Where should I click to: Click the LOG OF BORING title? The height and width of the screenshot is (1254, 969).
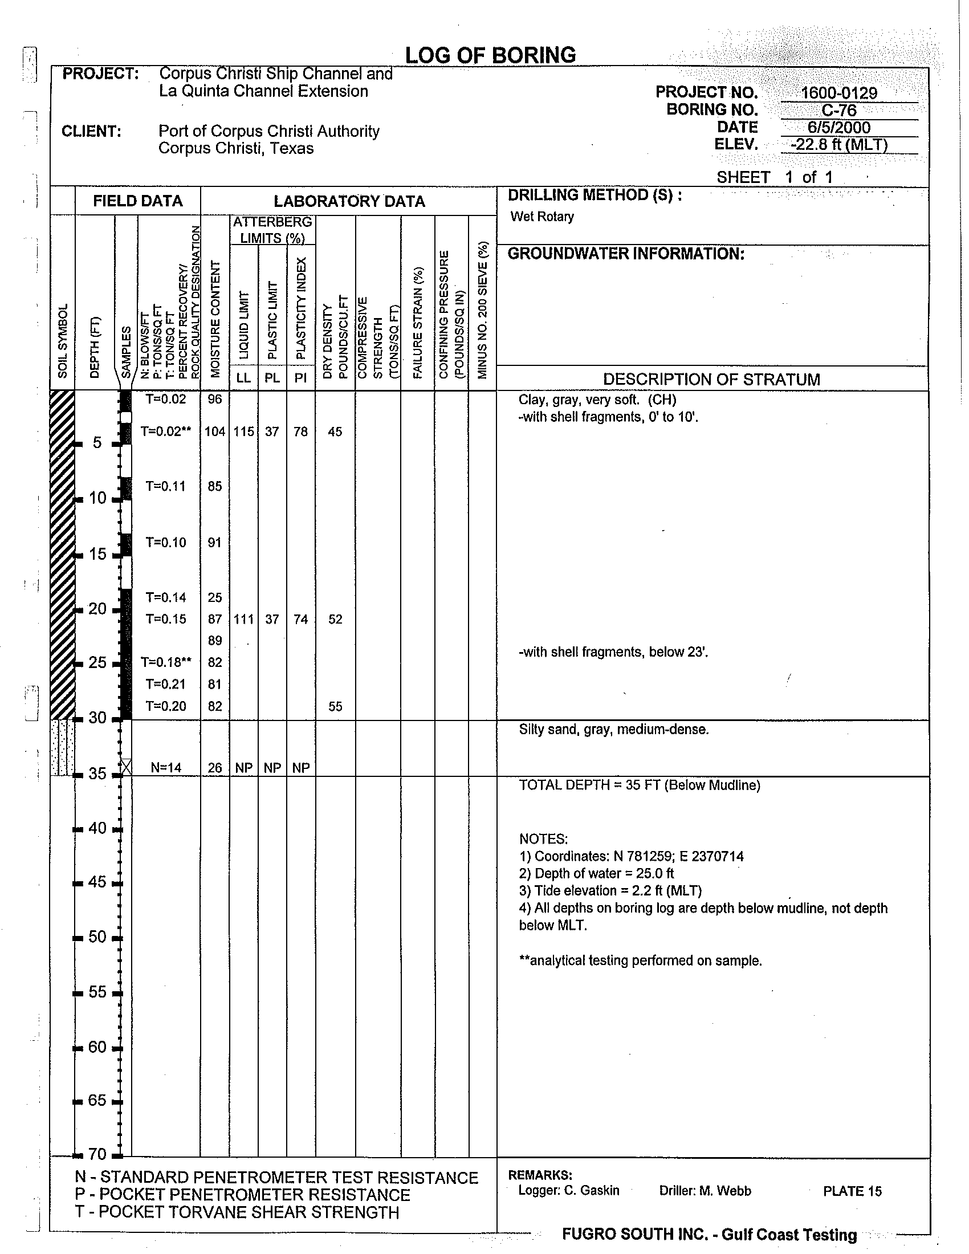pos(490,55)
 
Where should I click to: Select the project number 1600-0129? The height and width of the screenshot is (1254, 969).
pos(838,93)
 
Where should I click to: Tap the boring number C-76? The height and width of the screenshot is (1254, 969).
pos(838,110)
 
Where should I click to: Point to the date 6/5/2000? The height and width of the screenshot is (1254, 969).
pos(838,128)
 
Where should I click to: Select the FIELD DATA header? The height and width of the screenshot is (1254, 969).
pos(138,201)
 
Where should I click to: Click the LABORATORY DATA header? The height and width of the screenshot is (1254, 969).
pos(349,202)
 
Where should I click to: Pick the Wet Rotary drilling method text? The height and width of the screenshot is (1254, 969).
pos(542,217)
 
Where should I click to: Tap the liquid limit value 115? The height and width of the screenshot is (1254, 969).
pos(243,431)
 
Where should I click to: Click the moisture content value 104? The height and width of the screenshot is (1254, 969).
pos(215,431)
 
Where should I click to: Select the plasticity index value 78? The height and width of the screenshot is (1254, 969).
pos(301,431)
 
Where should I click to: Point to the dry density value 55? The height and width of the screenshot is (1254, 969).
pos(335,706)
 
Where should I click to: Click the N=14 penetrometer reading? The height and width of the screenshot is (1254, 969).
pos(166,768)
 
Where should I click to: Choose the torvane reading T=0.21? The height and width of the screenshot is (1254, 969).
pos(166,684)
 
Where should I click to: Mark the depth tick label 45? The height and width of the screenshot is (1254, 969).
pos(97,881)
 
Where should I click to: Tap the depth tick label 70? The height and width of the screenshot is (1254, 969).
pos(97,1154)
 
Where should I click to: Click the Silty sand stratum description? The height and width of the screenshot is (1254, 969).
pos(614,729)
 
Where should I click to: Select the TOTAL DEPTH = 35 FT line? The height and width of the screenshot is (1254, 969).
pos(640,785)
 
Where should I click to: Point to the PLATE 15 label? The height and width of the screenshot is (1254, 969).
pos(852,1191)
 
